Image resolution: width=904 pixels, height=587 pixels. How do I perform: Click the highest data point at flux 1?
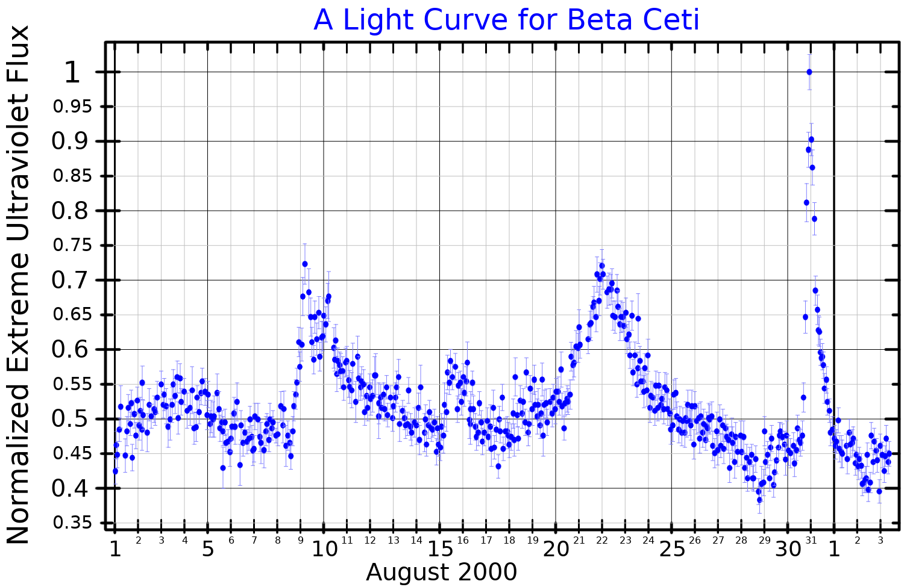(x=809, y=72)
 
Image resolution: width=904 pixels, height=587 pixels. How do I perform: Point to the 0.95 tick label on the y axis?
(x=75, y=107)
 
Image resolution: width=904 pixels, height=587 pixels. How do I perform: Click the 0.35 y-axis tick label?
(x=75, y=523)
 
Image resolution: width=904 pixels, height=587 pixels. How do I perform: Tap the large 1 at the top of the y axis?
(x=72, y=73)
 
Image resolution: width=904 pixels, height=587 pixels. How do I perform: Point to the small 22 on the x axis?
(x=602, y=541)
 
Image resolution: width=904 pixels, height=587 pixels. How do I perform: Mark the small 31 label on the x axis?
(x=811, y=541)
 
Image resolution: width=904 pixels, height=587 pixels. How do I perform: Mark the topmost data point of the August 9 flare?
(x=305, y=264)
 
